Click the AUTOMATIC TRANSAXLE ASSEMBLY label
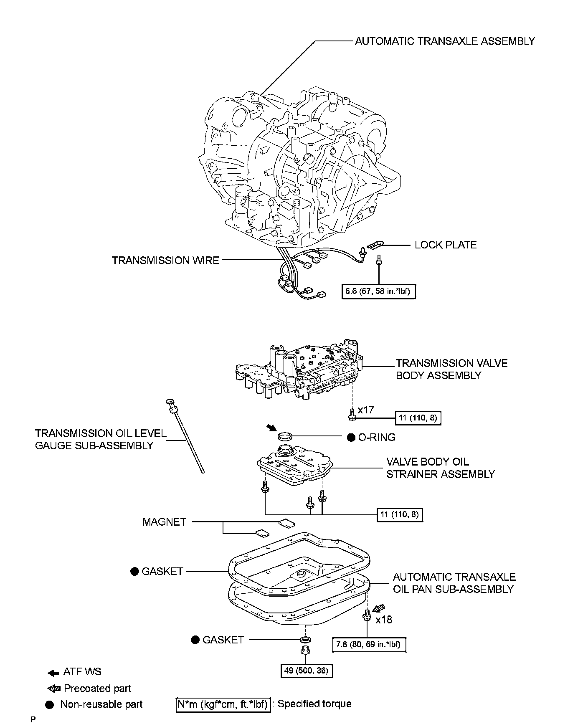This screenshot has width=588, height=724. click(445, 41)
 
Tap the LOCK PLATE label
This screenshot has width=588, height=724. click(446, 245)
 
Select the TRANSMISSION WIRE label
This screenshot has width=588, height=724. click(165, 261)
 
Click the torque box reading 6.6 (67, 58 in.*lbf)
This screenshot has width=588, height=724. click(379, 291)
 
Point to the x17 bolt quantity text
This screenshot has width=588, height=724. click(366, 410)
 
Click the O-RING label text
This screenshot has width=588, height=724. click(376, 437)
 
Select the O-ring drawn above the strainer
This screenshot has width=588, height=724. click(285, 437)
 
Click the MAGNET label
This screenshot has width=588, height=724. click(164, 522)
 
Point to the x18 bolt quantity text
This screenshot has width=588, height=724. click(384, 620)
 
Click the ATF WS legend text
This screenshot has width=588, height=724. click(82, 672)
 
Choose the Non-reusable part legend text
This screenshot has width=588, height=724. click(101, 704)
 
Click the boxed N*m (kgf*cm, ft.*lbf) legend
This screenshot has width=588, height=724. click(222, 704)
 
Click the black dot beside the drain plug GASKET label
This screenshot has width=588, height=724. click(195, 640)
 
